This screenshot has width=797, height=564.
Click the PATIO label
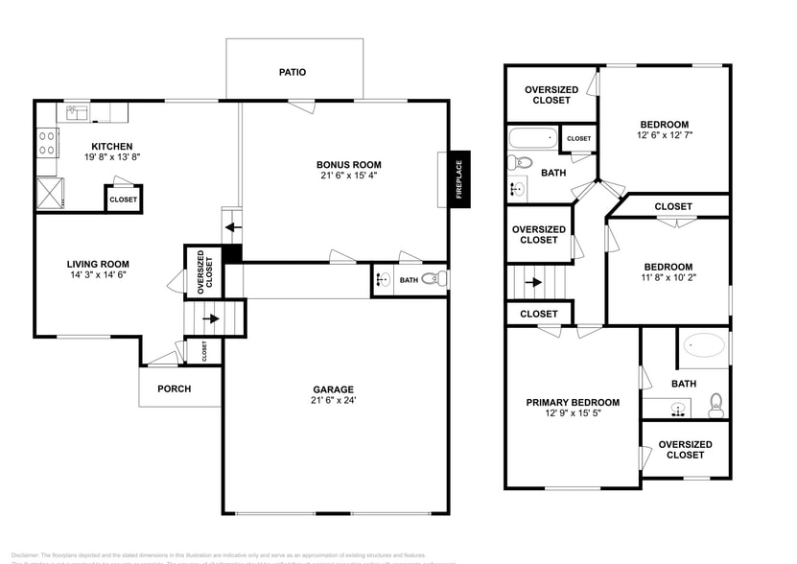(293, 72)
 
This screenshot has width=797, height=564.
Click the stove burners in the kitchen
(46, 143)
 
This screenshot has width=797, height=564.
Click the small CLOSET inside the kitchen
(123, 200)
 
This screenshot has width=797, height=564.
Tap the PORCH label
(174, 388)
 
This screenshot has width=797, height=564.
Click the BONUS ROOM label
(349, 165)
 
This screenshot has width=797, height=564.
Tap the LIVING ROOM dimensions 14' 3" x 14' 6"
(97, 275)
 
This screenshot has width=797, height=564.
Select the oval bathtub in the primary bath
(703, 346)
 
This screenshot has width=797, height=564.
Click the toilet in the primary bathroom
(715, 404)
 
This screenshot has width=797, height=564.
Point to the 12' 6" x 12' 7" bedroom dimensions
(664, 135)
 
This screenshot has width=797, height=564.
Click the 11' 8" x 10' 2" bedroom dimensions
(668, 278)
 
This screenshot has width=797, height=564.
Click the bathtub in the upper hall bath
(532, 138)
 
